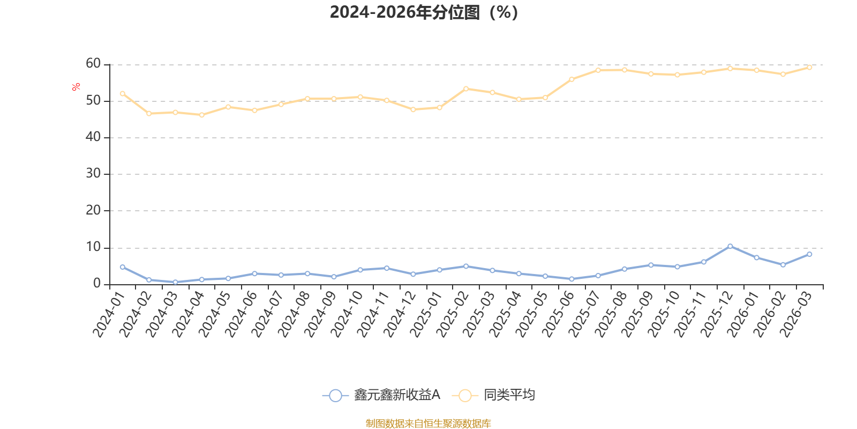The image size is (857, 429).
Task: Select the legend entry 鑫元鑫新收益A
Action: coord(381,395)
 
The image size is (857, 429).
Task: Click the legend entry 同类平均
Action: coord(493,395)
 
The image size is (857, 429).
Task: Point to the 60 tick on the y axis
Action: coord(93,64)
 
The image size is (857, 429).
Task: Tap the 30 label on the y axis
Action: coord(93,174)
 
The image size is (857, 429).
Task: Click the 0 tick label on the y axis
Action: coord(97,284)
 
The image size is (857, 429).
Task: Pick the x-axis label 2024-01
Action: coord(109,314)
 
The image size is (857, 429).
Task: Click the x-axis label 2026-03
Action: coord(796,314)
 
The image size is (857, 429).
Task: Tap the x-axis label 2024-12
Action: coord(400,314)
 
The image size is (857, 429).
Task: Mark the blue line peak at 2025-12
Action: coord(730,246)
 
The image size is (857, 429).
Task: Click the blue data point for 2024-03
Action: coord(175,282)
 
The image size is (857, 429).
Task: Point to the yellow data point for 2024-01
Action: coord(123,93)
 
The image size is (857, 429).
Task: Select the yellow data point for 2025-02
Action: coord(466,89)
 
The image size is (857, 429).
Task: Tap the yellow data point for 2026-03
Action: coord(809,68)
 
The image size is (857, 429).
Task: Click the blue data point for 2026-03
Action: coord(809,254)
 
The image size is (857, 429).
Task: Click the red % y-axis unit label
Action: coord(76,86)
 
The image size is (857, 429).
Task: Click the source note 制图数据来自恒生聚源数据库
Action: coord(428,423)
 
